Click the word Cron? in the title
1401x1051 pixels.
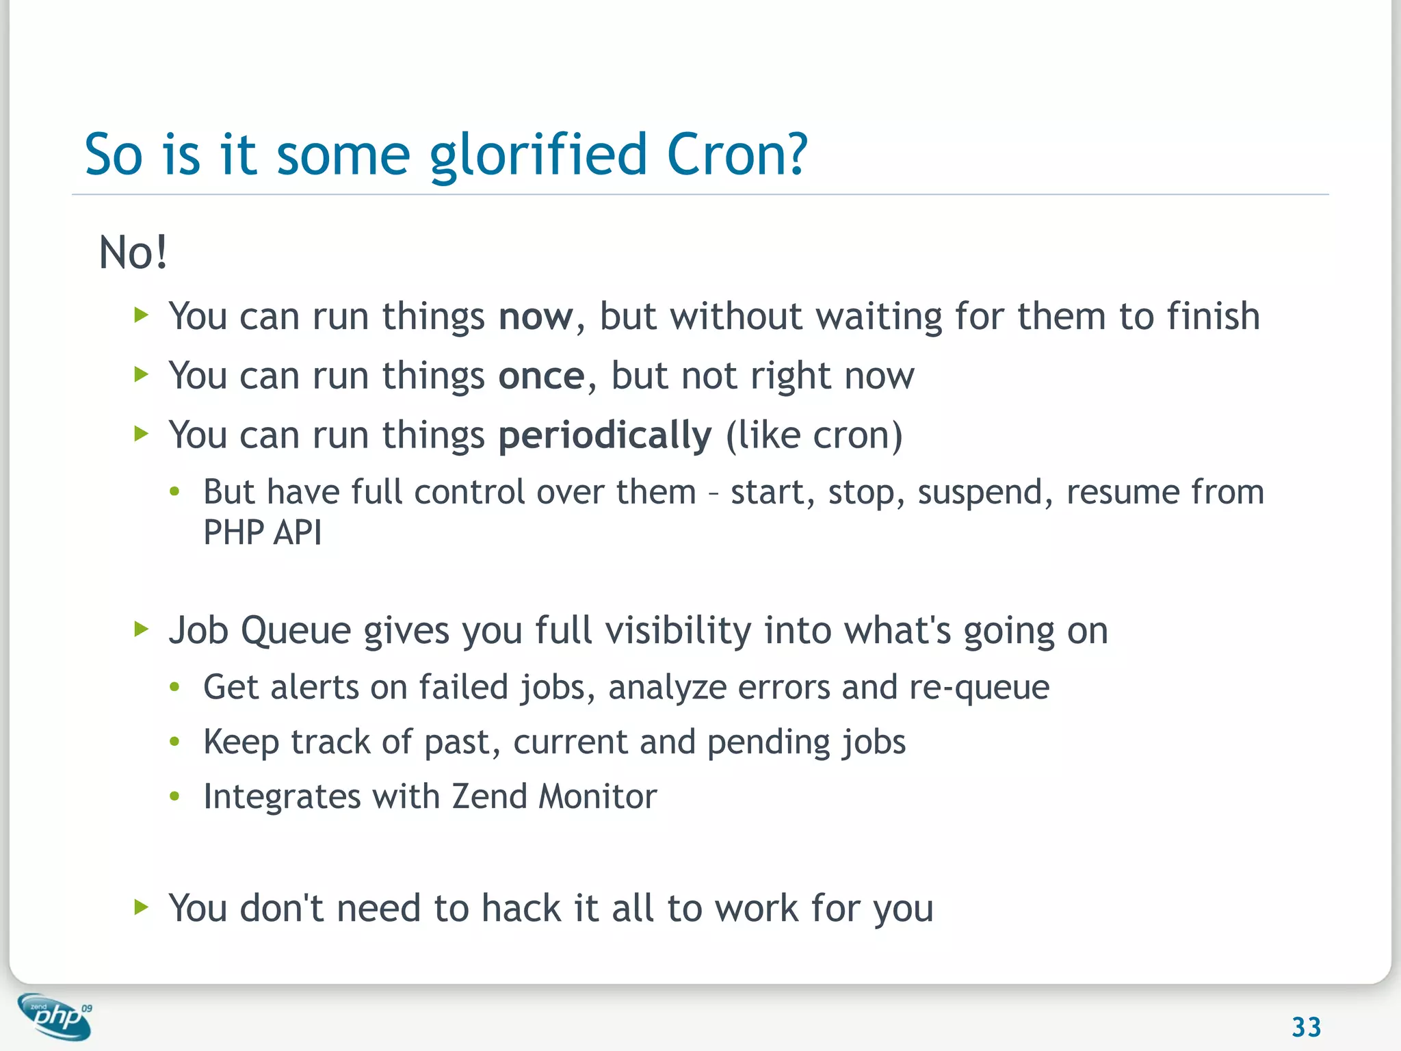[x=737, y=155]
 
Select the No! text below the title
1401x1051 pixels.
[x=133, y=252]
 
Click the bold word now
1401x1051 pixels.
[x=536, y=317]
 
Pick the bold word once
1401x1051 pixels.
[x=541, y=376]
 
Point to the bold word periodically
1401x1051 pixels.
[x=605, y=436]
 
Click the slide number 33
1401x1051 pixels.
[x=1306, y=1027]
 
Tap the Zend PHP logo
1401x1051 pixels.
[x=55, y=1016]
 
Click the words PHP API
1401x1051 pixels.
[x=262, y=532]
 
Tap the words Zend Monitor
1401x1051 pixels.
[x=554, y=796]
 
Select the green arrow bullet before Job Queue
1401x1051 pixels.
[x=141, y=629]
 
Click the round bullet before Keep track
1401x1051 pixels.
[x=175, y=742]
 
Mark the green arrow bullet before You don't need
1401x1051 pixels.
[x=141, y=907]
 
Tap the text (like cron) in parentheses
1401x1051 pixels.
[x=813, y=436]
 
